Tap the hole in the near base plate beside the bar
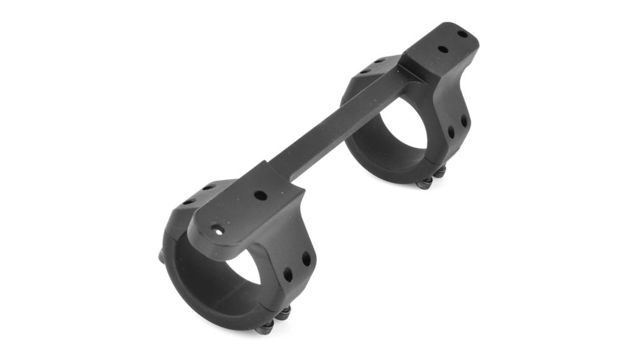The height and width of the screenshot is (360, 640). pyautogui.click(x=260, y=195)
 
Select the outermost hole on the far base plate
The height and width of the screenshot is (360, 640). pyautogui.click(x=462, y=33)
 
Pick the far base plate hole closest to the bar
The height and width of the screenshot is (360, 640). pyautogui.click(x=442, y=48)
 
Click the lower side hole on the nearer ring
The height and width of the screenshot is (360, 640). pyautogui.click(x=289, y=276)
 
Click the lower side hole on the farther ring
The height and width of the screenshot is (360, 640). pyautogui.click(x=450, y=132)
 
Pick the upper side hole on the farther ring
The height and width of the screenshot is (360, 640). pyautogui.click(x=463, y=120)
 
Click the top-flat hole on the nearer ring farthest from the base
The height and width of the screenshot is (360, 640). pyautogui.click(x=188, y=202)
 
